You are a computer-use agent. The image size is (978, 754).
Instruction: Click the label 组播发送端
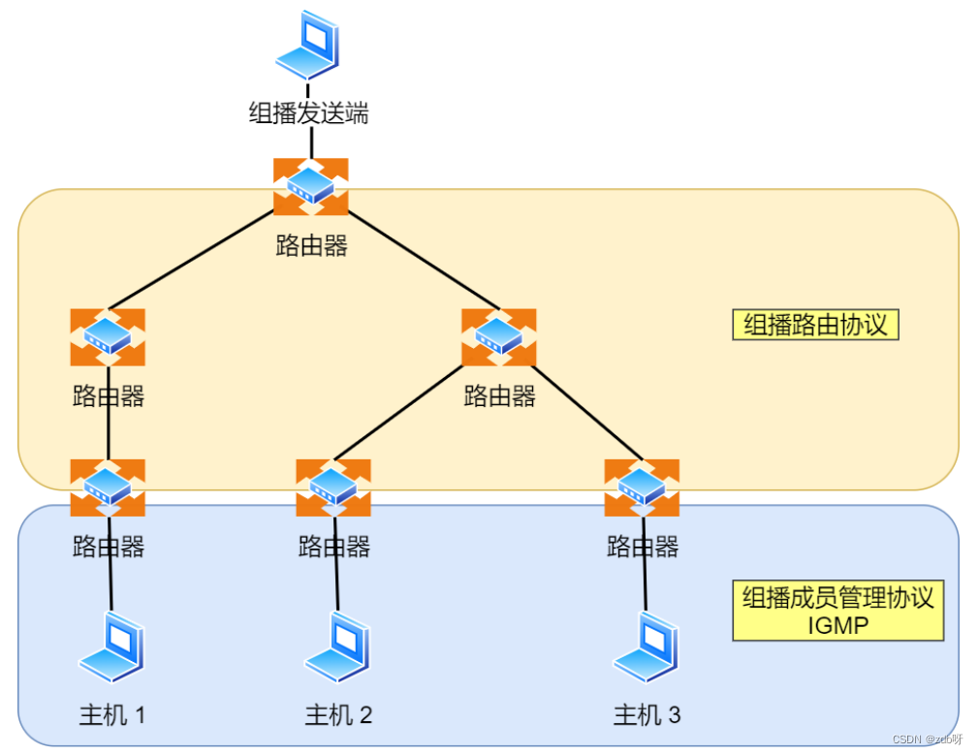(x=309, y=113)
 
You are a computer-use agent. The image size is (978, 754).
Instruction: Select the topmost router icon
(x=310, y=186)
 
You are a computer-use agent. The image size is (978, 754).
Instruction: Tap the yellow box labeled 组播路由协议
(x=815, y=325)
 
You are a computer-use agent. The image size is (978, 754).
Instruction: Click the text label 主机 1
(x=112, y=716)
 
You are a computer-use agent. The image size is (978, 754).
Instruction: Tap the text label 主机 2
(x=338, y=716)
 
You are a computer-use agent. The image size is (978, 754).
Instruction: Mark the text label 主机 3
(x=647, y=716)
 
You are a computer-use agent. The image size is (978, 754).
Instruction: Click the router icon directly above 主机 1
(x=108, y=487)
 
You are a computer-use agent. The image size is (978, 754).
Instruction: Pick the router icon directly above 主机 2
(x=333, y=487)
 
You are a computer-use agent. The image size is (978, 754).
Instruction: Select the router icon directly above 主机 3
(x=642, y=487)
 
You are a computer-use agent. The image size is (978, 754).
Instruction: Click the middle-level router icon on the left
(x=108, y=337)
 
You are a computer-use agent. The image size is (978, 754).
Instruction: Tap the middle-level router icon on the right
(x=498, y=337)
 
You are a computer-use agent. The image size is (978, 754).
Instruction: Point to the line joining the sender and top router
(x=310, y=143)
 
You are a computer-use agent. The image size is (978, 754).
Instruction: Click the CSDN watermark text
(x=925, y=738)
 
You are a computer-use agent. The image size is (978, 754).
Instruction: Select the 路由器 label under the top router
(x=311, y=245)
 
